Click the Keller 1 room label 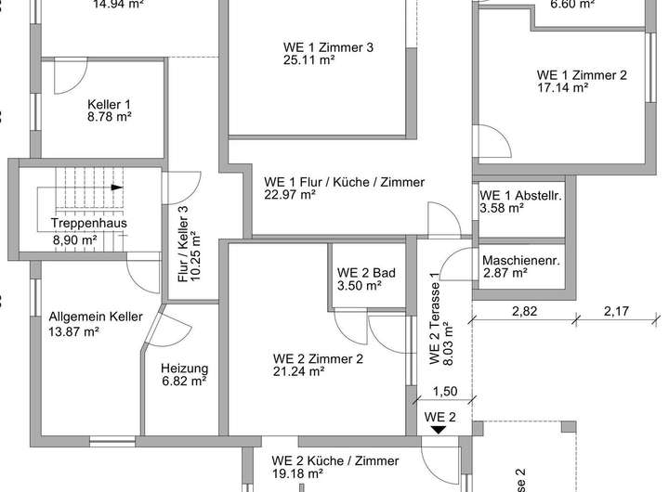click(110, 104)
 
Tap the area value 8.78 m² click(110, 119)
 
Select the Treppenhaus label click(89, 224)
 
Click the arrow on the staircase click(117, 187)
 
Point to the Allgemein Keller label click(96, 317)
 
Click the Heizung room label click(183, 367)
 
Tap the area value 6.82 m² click(183, 381)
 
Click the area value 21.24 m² click(298, 371)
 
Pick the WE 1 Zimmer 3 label click(328, 46)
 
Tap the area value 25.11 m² click(309, 60)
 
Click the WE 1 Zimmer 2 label click(582, 75)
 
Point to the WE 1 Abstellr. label click(521, 195)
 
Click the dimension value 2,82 click(525, 311)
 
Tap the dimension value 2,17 click(616, 311)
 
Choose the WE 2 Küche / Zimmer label click(335, 460)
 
